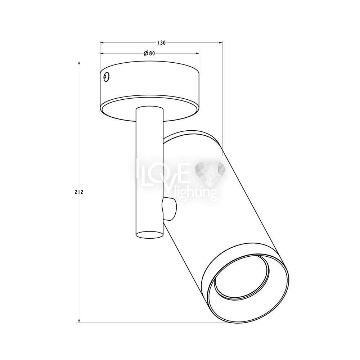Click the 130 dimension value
[161, 43]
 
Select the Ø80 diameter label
[149, 54]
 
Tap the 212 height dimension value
[79, 192]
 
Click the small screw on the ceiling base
[106, 77]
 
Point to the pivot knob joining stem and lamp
[170, 209]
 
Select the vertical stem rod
[150, 172]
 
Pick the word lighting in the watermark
[195, 192]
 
